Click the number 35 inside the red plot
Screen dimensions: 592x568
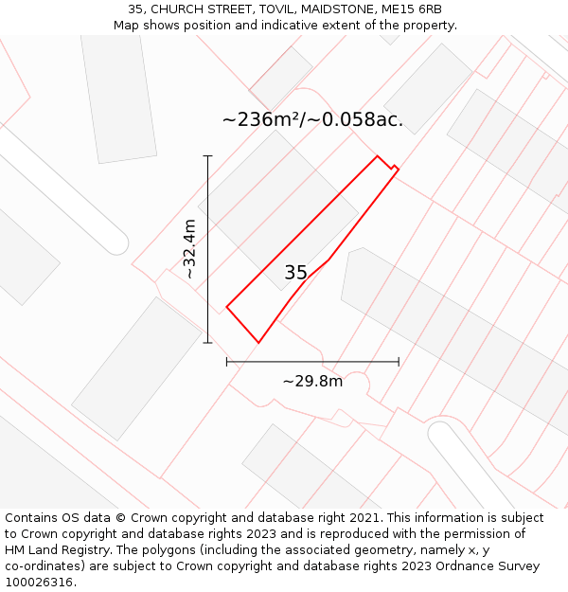pyautogui.click(x=295, y=273)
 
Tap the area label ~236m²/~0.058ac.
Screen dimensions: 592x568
pyautogui.click(x=312, y=119)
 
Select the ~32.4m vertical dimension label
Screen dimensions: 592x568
pyautogui.click(x=189, y=249)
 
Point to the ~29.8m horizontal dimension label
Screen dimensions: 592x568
pyautogui.click(x=312, y=381)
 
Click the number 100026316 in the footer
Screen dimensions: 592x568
pyautogui.click(x=39, y=582)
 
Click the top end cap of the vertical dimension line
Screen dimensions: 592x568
pyautogui.click(x=207, y=156)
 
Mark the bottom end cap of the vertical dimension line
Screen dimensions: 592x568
pyautogui.click(x=207, y=343)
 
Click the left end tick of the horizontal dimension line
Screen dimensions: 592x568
pyautogui.click(x=227, y=361)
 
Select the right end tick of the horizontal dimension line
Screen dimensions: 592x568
pyautogui.click(x=399, y=361)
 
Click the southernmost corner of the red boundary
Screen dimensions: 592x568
pyautogui.click(x=257, y=342)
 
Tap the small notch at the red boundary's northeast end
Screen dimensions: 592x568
pyautogui.click(x=394, y=170)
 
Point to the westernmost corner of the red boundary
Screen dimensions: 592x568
pyautogui.click(x=227, y=306)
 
